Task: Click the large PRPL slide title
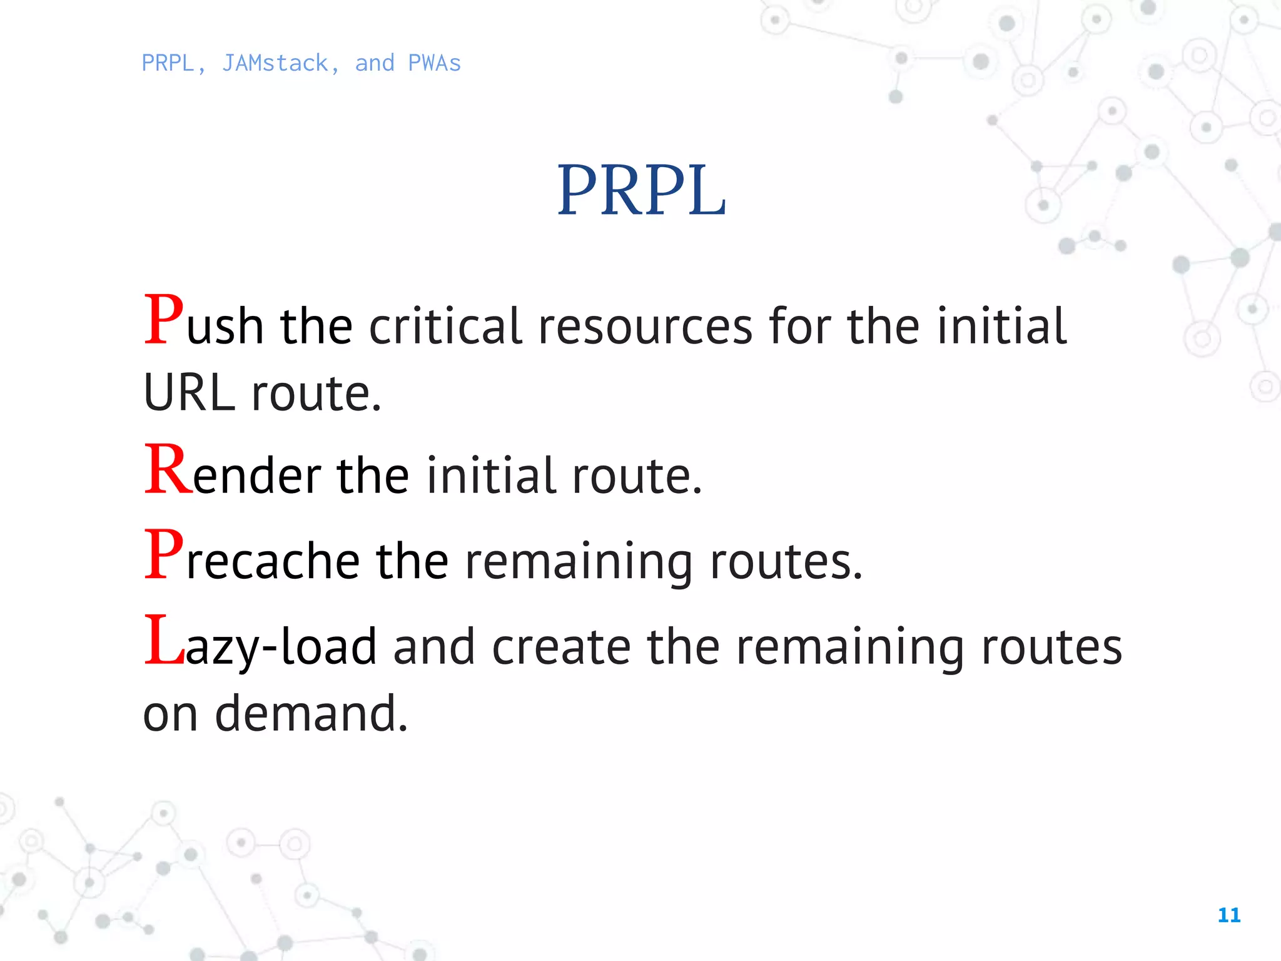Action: [641, 190]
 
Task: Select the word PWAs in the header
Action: [434, 64]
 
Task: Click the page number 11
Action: [1229, 915]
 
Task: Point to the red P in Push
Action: [164, 320]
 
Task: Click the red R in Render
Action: [168, 469]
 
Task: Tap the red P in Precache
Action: [164, 554]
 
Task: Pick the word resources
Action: [645, 328]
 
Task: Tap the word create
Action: [561, 647]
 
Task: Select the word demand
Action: [311, 713]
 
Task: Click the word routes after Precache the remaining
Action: [786, 562]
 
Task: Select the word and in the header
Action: [375, 64]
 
